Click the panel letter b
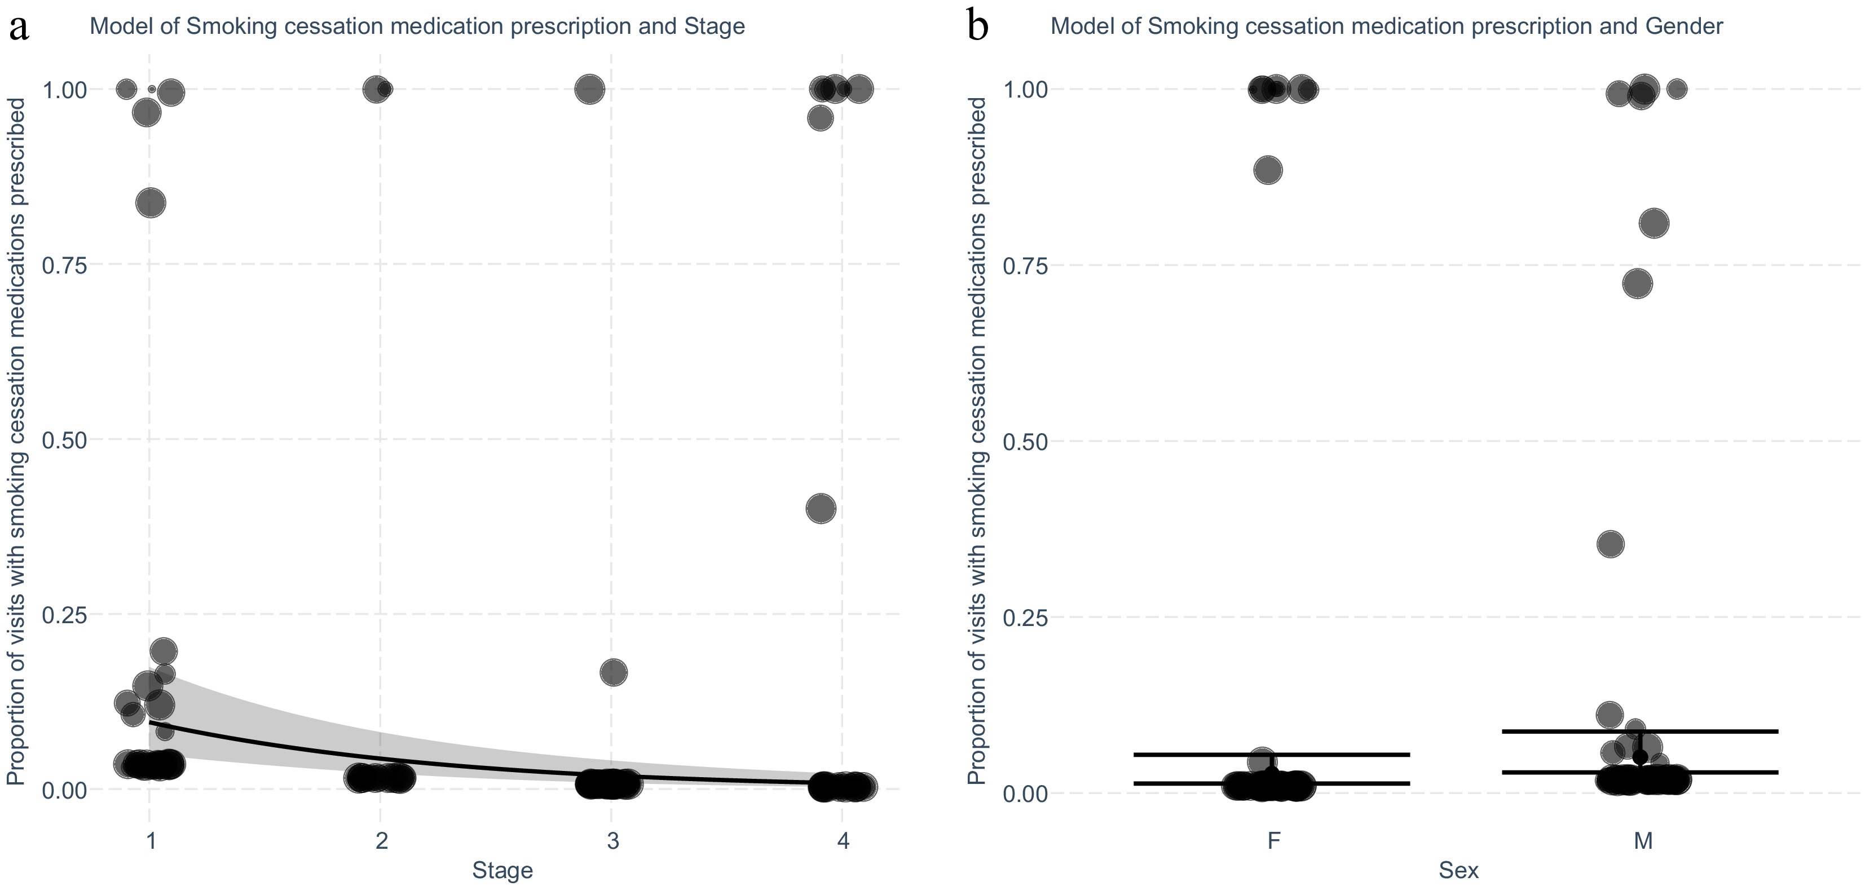tap(977, 28)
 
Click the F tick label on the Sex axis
tap(1274, 841)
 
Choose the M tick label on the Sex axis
tap(1643, 841)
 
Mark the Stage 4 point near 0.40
tap(821, 509)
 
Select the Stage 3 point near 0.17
tap(613, 672)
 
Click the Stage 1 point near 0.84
tap(151, 202)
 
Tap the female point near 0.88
tap(1268, 171)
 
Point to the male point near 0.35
tap(1610, 544)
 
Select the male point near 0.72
tap(1638, 284)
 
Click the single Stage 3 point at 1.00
tap(589, 90)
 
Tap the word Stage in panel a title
tap(715, 26)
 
